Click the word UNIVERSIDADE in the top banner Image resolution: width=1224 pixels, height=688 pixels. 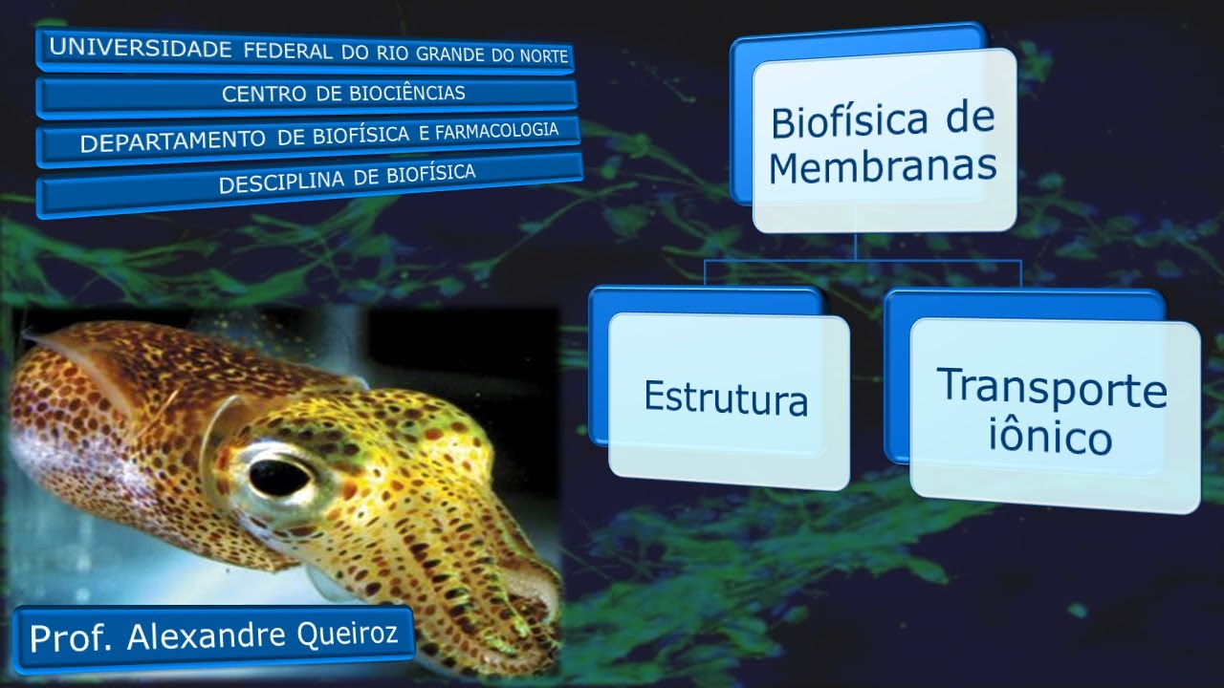(141, 49)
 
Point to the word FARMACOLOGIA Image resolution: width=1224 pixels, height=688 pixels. (496, 130)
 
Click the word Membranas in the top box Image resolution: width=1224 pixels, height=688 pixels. (883, 166)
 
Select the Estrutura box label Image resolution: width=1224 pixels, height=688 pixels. (726, 398)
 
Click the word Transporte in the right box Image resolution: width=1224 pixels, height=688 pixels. (1052, 388)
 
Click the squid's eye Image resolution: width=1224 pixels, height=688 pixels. (278, 475)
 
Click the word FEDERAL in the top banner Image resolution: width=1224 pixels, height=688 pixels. (288, 51)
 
